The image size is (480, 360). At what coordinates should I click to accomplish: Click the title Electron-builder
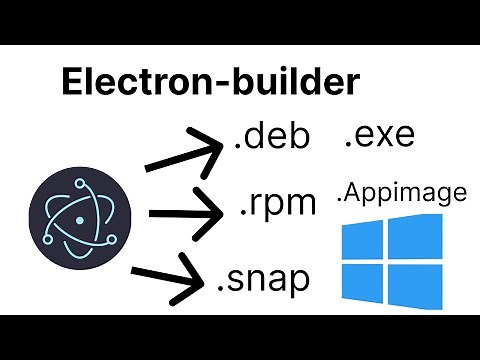point(210,83)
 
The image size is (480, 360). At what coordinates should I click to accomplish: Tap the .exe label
point(379,135)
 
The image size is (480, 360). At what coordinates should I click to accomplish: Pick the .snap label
point(263,277)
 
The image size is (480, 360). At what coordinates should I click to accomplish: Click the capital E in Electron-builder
point(74,83)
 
